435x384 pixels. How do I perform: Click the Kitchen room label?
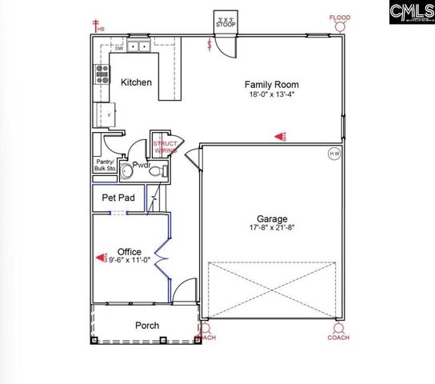pyautogui.click(x=136, y=82)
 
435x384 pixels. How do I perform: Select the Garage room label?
pyautogui.click(x=273, y=218)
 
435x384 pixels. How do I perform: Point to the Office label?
pyautogui.click(x=130, y=251)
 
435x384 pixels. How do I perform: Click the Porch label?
pyautogui.click(x=146, y=326)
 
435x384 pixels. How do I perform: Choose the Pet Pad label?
pyautogui.click(x=117, y=197)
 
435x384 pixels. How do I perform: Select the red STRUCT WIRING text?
pyautogui.click(x=165, y=146)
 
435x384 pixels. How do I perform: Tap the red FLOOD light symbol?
pyautogui.click(x=340, y=18)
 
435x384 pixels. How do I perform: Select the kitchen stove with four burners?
pyautogui.click(x=103, y=74)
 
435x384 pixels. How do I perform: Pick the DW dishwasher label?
pyautogui.click(x=118, y=48)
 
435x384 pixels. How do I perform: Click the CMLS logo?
pyautogui.click(x=407, y=15)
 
